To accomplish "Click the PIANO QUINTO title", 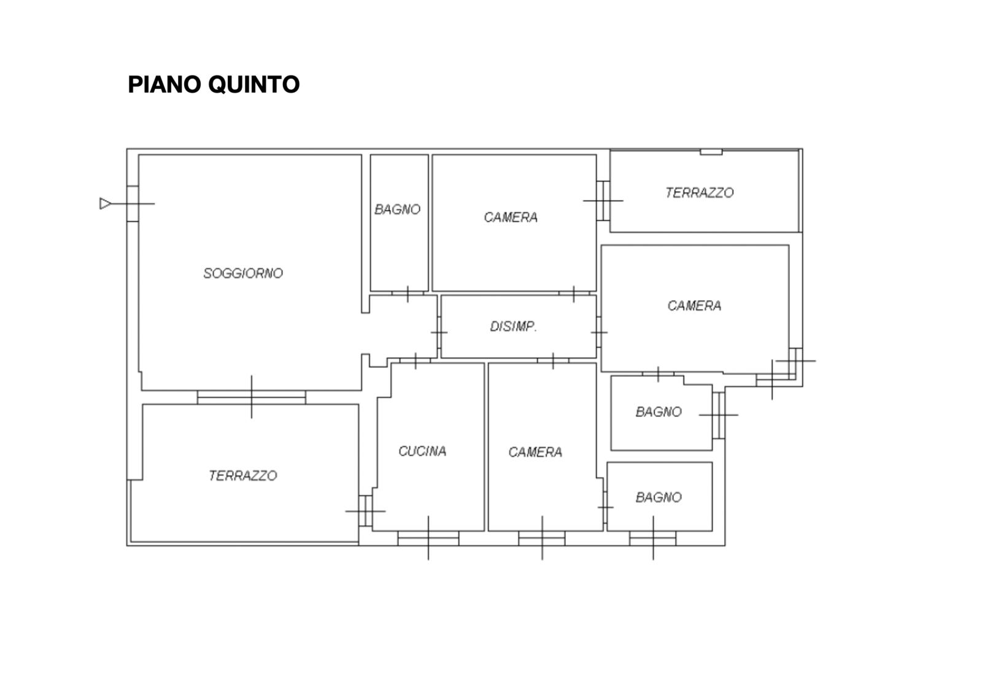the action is (x=214, y=84).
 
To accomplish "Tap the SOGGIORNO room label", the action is (x=243, y=274).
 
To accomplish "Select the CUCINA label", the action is (x=423, y=451).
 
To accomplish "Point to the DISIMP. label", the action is (x=513, y=326).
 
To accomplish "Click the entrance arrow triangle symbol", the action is (x=105, y=203).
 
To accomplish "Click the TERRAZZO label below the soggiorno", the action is (x=243, y=476).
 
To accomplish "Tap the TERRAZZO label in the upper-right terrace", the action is (x=700, y=193).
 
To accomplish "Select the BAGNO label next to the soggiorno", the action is (x=398, y=209).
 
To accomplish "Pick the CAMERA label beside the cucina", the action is (x=535, y=452).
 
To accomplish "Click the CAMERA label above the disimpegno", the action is (x=511, y=217).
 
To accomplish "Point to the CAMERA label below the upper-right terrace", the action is (x=694, y=306).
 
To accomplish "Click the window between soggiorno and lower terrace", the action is (x=251, y=397).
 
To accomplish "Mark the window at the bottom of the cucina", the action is (x=428, y=538).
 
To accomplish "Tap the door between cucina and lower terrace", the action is (x=366, y=511).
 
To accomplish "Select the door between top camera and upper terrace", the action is (x=603, y=201).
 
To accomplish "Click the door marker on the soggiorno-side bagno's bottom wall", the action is (x=408, y=293).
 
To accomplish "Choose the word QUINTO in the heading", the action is (x=254, y=84).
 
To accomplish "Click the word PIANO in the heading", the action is (x=165, y=84).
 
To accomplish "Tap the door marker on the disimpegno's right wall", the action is (x=599, y=332).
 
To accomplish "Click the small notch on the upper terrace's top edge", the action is (x=711, y=152).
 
